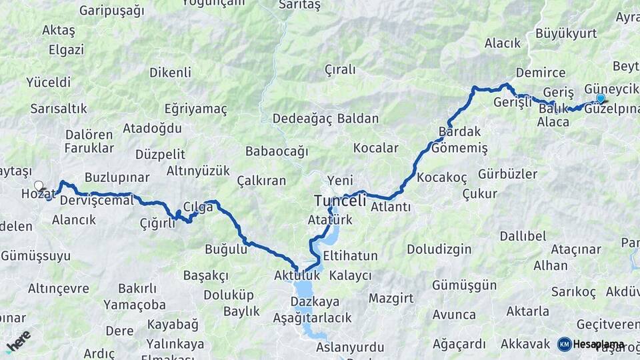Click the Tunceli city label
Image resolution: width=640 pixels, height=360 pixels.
click(x=340, y=201)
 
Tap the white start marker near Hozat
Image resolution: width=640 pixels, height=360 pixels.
click(x=39, y=186)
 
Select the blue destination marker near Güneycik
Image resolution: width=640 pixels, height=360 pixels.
click(x=601, y=99)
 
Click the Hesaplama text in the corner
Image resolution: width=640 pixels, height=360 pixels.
click(x=599, y=344)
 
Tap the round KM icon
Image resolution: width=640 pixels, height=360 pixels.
click(x=565, y=344)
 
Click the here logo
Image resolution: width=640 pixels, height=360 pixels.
click(x=18, y=340)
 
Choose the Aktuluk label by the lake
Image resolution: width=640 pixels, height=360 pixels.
click(x=297, y=275)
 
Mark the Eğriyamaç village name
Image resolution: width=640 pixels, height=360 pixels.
click(x=196, y=109)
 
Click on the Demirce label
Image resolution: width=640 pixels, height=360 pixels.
click(x=540, y=73)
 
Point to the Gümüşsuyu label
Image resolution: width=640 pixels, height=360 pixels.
click(x=35, y=255)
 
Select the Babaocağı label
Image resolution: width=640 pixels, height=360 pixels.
click(x=277, y=151)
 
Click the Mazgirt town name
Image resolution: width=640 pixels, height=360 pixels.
click(x=391, y=297)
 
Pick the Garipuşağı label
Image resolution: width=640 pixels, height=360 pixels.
click(x=111, y=10)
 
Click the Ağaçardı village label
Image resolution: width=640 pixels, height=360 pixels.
click(x=459, y=344)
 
